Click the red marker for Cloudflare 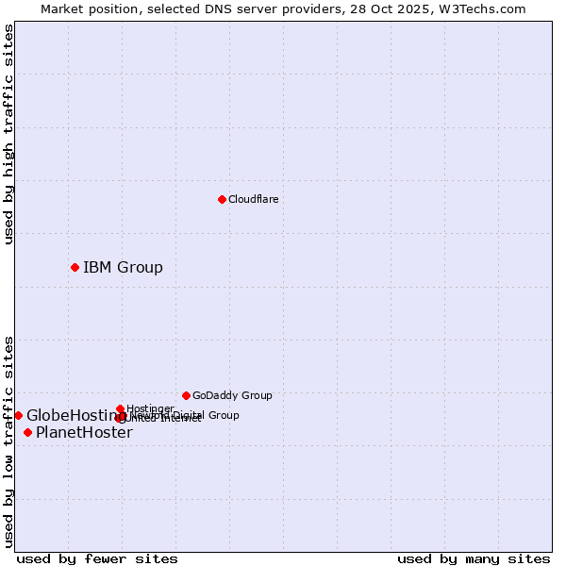coord(222,199)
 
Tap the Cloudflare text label coord(253,199)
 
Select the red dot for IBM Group coord(75,267)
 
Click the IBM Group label coord(123,267)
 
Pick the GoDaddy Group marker coord(186,395)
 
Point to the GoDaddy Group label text coord(232,395)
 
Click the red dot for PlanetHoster coord(27,432)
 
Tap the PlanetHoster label coord(84,432)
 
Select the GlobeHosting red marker coord(18,415)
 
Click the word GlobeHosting coord(70,415)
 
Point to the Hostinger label coord(150,408)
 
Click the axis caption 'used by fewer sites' coord(97,558)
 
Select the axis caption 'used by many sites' coord(474,558)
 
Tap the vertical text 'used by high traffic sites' coord(8,134)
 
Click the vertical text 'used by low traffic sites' coord(8,441)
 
